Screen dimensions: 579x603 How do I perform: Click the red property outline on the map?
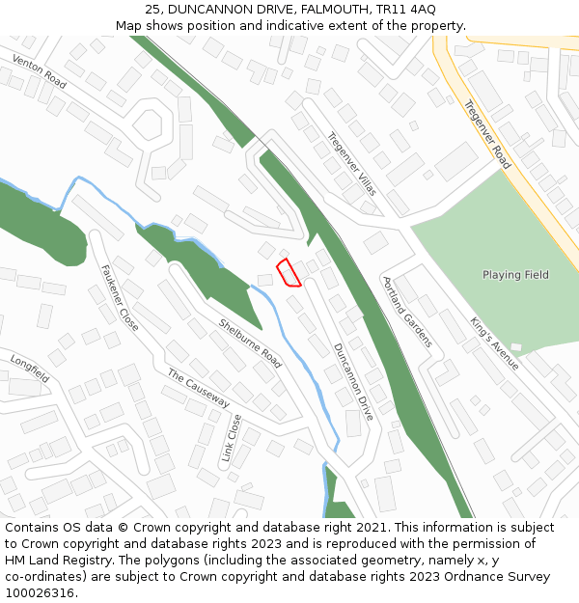(x=289, y=273)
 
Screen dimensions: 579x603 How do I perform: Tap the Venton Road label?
(x=40, y=72)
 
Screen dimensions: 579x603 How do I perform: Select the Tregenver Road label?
(x=486, y=134)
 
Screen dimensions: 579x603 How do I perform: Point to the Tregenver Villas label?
(x=351, y=164)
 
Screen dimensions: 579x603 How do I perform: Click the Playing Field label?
(x=515, y=275)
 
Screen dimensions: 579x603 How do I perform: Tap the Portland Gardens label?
(x=407, y=313)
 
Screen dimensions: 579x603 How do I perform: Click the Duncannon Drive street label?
(x=353, y=381)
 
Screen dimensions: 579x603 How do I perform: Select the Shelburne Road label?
(x=250, y=343)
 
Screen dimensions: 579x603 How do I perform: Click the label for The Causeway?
(x=198, y=387)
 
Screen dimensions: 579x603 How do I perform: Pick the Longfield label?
(x=30, y=369)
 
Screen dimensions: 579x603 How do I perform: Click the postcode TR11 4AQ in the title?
(x=410, y=10)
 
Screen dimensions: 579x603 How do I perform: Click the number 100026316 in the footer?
(x=40, y=592)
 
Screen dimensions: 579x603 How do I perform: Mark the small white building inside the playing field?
(x=515, y=346)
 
